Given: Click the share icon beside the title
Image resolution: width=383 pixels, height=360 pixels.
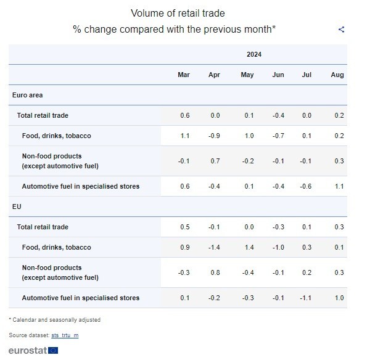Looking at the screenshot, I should pos(342,29).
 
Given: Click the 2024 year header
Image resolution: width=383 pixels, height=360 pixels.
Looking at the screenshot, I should pos(254,54).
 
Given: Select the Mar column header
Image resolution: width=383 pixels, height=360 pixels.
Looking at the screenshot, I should pos(184,75).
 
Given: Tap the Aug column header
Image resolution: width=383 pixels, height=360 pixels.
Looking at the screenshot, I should pos(337,75).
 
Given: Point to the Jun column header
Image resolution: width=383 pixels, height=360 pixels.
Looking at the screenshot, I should pos(278,75).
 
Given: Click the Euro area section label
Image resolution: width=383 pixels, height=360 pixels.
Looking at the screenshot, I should pos(27,95).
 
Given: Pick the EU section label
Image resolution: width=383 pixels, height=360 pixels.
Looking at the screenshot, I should pos(17,207).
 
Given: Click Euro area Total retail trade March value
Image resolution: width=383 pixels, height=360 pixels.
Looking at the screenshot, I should pos(185,115).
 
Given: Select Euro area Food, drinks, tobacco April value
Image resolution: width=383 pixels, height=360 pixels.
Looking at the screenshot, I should pos(215,136).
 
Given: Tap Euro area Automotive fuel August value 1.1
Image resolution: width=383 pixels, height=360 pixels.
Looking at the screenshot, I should pos(339,186).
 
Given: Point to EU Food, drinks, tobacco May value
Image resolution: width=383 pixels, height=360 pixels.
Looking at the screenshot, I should pos(247,247).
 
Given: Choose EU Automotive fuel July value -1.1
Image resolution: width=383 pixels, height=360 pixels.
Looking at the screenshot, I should pos(306,298).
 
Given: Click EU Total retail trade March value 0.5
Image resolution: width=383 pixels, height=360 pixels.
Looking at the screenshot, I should pos(185,227).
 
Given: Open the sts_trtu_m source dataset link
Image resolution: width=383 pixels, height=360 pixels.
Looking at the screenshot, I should pos(65,335).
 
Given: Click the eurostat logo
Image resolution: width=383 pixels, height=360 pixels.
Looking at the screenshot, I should pos(33,350).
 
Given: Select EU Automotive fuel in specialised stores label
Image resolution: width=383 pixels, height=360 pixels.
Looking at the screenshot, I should pos(80,298).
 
